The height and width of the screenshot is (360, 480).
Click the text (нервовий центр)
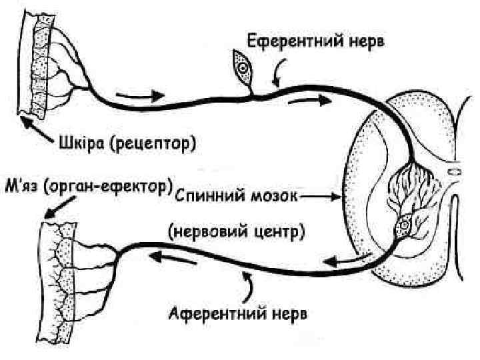click(237, 231)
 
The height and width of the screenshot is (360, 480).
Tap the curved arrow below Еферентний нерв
click(281, 69)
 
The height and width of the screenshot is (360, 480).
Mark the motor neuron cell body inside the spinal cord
click(403, 229)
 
